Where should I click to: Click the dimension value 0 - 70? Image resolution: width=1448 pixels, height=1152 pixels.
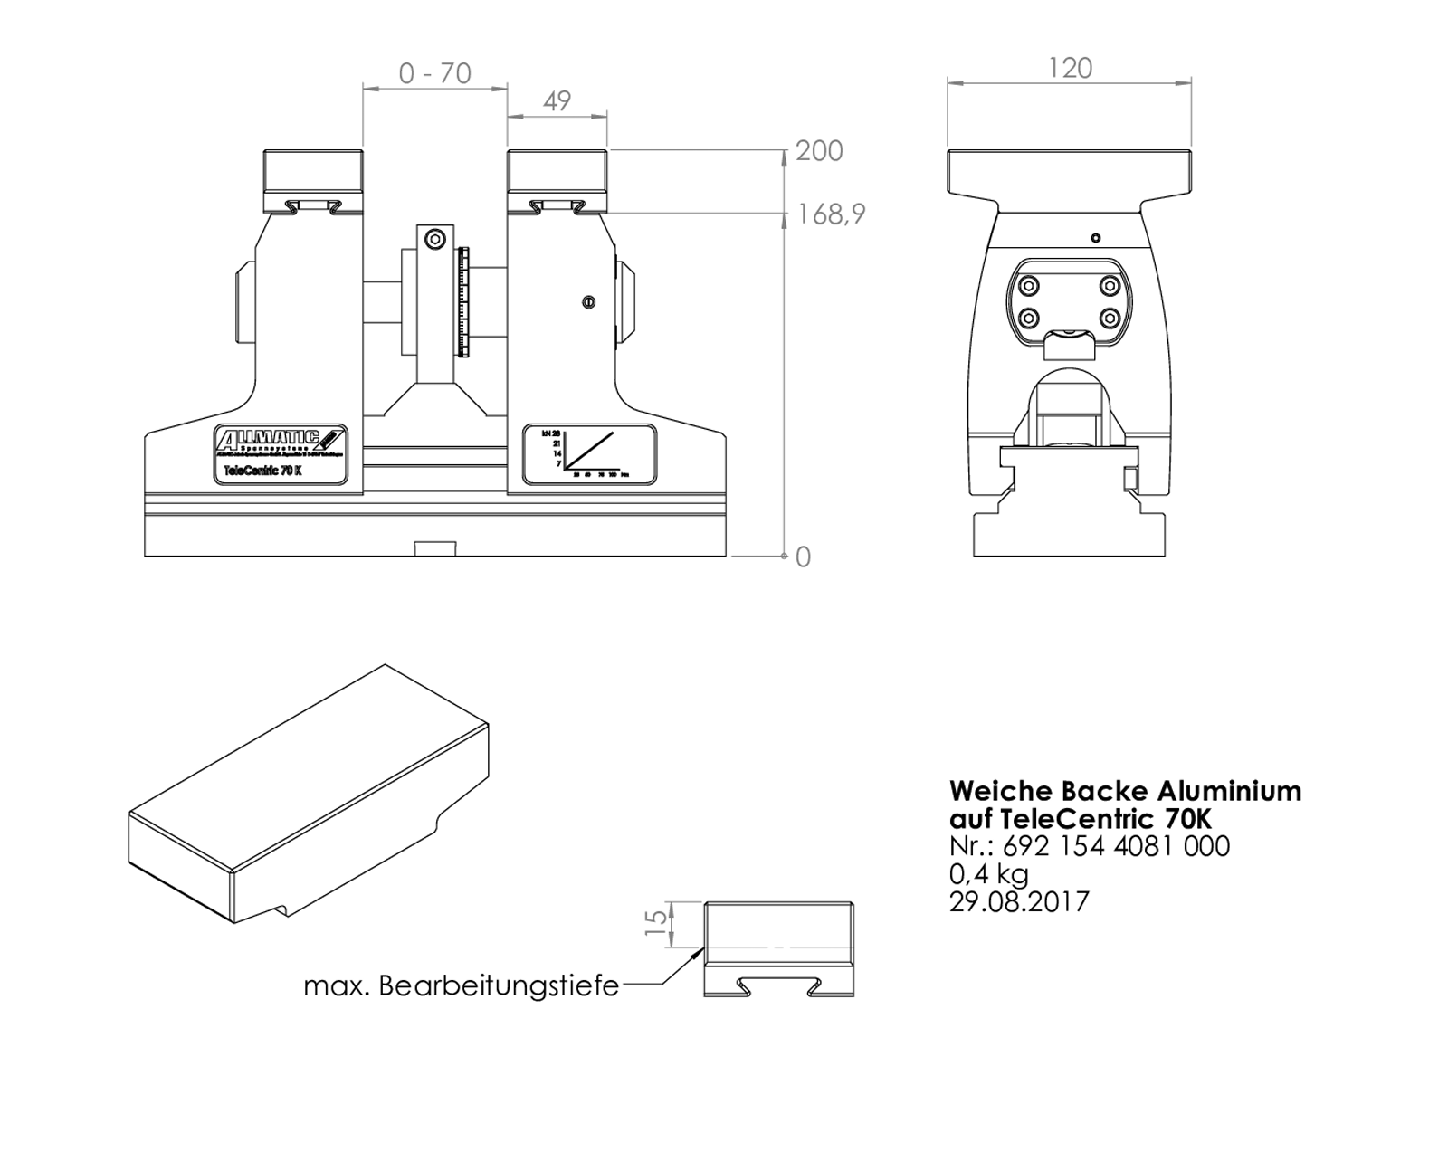click(435, 73)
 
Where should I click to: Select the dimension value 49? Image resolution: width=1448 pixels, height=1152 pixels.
click(557, 100)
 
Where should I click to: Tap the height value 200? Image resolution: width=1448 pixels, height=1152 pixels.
click(819, 151)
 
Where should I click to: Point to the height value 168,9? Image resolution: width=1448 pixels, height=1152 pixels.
click(831, 214)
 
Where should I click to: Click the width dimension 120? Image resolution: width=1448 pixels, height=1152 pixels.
click(1070, 69)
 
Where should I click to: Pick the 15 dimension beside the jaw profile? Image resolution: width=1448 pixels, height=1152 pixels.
click(656, 923)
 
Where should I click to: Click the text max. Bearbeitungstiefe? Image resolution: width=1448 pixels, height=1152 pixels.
click(461, 985)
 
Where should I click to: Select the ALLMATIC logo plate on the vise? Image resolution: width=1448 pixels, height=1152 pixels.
click(281, 442)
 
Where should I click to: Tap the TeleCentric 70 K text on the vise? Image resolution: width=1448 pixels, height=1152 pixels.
click(262, 471)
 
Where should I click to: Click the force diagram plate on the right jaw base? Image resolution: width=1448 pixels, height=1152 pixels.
click(589, 454)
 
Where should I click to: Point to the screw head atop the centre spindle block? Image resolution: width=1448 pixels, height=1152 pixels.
click(435, 240)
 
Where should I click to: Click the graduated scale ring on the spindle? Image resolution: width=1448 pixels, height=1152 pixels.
click(464, 301)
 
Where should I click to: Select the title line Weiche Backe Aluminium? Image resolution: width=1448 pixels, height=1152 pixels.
click(1125, 791)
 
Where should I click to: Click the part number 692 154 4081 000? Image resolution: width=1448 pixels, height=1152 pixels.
click(1116, 846)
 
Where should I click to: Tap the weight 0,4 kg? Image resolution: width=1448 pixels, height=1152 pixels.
click(988, 874)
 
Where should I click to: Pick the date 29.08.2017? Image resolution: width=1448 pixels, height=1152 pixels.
click(1019, 902)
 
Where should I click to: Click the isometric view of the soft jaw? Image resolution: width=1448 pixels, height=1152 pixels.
click(308, 796)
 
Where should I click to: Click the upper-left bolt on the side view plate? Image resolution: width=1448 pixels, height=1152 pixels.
click(1028, 286)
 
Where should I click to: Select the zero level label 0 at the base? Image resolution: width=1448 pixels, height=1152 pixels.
click(803, 557)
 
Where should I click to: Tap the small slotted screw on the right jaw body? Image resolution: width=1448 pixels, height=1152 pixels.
click(588, 302)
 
